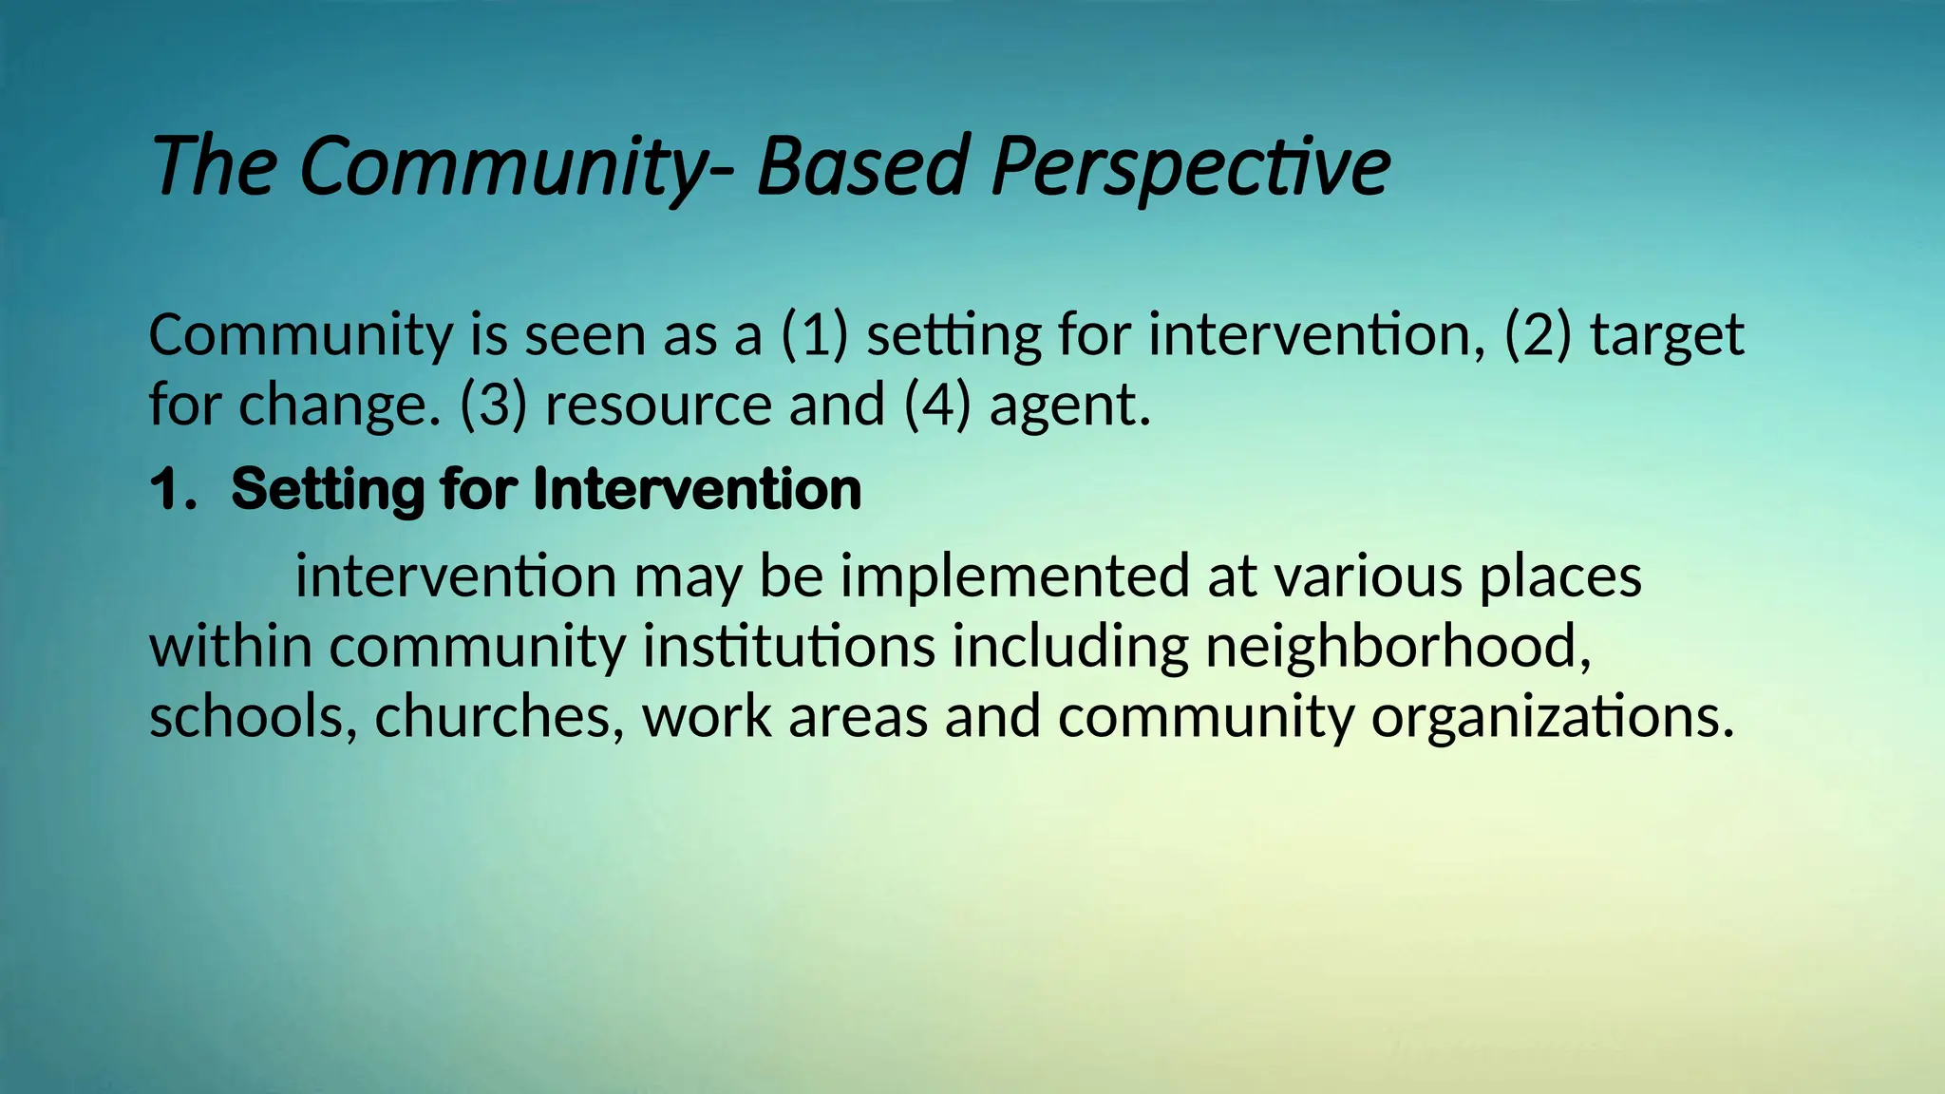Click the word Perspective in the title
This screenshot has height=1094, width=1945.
(1190, 167)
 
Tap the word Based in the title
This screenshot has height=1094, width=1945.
(862, 167)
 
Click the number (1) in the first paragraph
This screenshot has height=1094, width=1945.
(814, 335)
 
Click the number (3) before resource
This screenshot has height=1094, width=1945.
(493, 406)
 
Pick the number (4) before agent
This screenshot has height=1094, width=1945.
(937, 406)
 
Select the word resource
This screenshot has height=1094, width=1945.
(658, 406)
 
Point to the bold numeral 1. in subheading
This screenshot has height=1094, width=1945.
(174, 490)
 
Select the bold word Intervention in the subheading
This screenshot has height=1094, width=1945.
(697, 490)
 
